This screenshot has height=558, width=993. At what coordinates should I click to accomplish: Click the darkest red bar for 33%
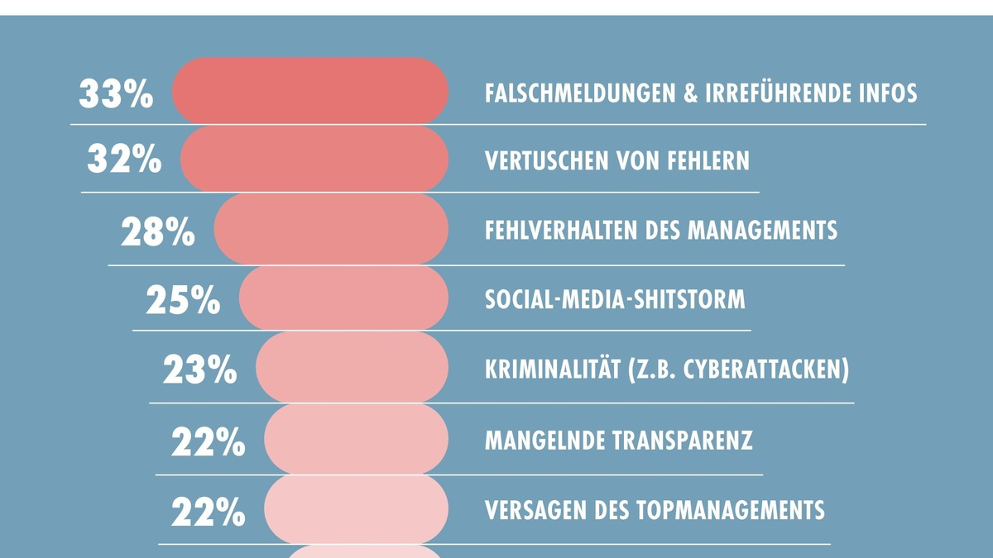point(310,91)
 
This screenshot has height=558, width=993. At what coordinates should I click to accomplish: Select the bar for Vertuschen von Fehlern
point(314,159)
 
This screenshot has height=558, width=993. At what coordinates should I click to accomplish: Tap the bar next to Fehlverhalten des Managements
point(331,229)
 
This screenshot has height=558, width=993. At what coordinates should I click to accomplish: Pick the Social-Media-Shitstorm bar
point(343,298)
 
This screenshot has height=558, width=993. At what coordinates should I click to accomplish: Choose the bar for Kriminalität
point(352,368)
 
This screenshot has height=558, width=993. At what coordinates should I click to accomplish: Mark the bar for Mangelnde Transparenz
point(356,440)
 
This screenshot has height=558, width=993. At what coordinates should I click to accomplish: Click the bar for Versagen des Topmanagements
point(356,509)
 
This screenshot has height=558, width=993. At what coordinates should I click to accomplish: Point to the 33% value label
point(116,94)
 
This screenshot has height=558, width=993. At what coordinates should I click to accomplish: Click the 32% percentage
point(124,160)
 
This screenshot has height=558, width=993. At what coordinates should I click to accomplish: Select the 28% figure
point(158,233)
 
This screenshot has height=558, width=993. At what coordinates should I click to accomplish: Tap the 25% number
point(183,301)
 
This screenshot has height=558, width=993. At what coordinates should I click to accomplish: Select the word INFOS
point(886,93)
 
